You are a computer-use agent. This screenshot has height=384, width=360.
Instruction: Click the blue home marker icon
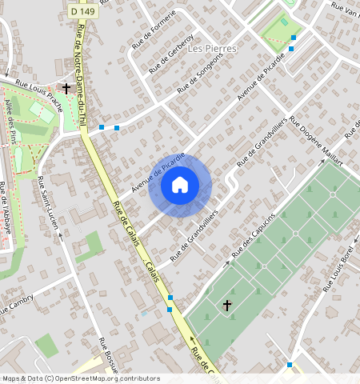click(180, 185)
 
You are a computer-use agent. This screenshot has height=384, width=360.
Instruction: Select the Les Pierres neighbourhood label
click(213, 48)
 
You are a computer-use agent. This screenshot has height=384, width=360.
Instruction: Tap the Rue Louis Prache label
click(39, 93)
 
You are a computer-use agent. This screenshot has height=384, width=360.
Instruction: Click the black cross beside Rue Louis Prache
click(66, 88)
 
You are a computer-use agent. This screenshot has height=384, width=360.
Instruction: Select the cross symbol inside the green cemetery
click(226, 306)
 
